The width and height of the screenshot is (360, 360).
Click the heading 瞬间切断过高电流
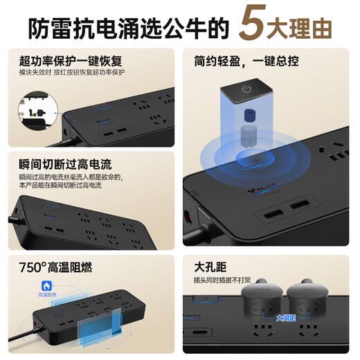(64, 165)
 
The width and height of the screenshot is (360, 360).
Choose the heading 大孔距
(210, 266)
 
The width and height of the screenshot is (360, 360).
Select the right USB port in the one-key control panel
(300, 206)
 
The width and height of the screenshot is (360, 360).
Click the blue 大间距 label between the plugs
(285, 318)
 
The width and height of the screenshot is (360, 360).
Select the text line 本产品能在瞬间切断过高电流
(60, 186)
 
